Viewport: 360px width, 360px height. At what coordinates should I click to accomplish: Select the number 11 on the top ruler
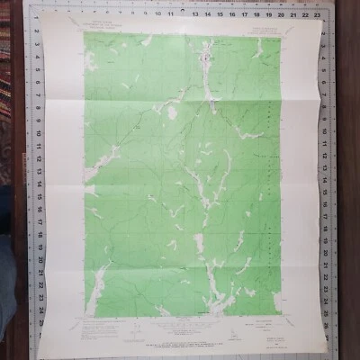[167, 15]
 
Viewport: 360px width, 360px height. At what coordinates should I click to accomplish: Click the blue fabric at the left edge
[7, 270]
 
